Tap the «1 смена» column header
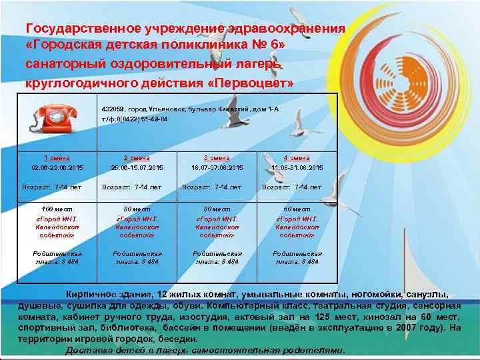57,158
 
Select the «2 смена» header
137,158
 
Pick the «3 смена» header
217,158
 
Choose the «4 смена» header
297,158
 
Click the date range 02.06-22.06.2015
57,168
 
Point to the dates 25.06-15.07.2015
137,168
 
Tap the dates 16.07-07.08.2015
217,168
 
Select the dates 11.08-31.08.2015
297,168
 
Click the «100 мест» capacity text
57,209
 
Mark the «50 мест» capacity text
297,209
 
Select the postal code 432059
113,108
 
